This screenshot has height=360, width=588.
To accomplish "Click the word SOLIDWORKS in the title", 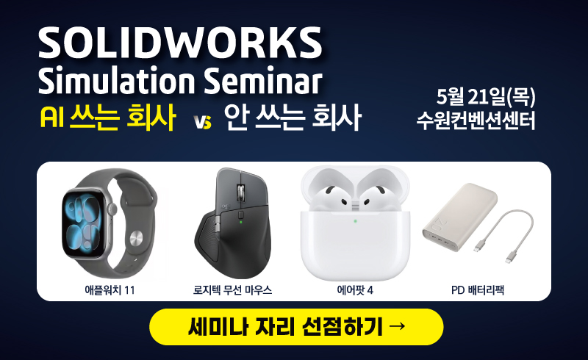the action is (180, 42).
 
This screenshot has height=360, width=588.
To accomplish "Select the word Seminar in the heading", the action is (263, 81).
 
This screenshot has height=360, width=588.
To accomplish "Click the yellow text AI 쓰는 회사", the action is (107, 117).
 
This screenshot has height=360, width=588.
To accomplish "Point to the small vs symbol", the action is (203, 121).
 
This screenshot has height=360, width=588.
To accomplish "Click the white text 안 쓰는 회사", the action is (293, 117).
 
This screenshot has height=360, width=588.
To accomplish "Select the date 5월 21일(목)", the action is (486, 97).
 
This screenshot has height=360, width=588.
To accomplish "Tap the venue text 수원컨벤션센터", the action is (476, 120).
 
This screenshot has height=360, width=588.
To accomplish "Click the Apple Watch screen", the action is (83, 223).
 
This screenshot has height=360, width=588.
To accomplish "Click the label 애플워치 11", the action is (110, 290).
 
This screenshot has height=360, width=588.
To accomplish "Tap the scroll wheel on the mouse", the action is (239, 192).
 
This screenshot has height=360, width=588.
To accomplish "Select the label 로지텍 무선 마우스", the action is (232, 290).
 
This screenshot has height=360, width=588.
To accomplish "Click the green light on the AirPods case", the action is (355, 221).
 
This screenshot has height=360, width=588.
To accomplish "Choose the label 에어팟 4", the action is (355, 290).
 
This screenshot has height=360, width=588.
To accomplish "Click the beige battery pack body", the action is (460, 217).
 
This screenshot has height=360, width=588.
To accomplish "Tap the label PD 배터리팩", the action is (477, 290).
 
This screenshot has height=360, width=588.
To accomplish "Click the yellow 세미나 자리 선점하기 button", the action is (296, 327).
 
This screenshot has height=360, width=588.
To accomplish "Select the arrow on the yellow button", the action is (397, 325).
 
